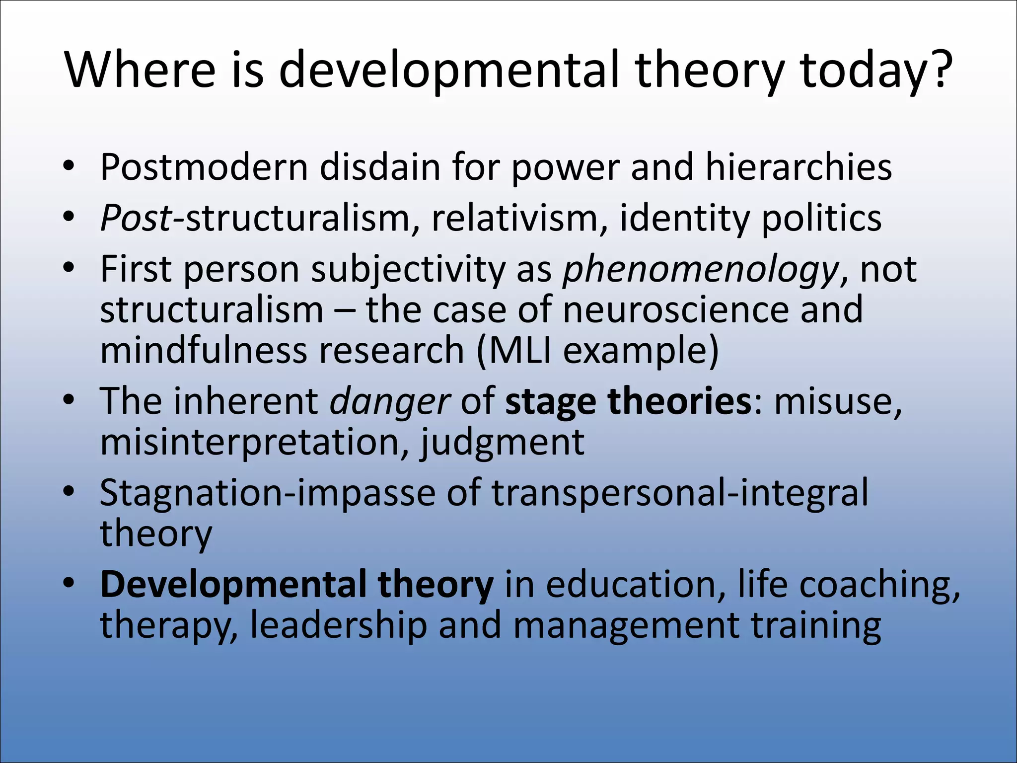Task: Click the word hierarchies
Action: click(799, 167)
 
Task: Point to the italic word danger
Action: click(390, 401)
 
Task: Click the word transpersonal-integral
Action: click(680, 493)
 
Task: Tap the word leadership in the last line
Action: click(338, 625)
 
